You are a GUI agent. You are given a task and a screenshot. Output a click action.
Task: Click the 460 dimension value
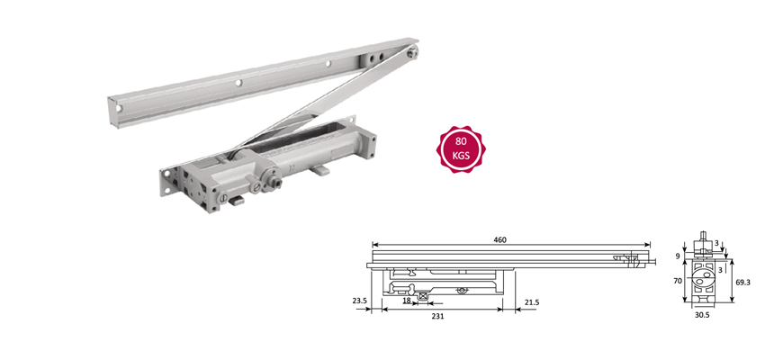click(x=500, y=239)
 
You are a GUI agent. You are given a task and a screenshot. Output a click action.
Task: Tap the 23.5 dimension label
click(x=360, y=301)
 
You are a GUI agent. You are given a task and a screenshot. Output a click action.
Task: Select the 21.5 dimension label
click(x=531, y=301)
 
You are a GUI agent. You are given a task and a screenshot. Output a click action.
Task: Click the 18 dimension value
click(x=405, y=301)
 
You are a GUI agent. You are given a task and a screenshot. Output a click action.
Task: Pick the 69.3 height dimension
click(x=742, y=282)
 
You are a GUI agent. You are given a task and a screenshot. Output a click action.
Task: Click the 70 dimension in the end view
click(x=676, y=281)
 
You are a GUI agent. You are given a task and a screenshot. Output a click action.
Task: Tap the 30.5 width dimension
click(x=701, y=316)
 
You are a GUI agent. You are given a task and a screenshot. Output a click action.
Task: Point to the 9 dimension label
click(x=677, y=256)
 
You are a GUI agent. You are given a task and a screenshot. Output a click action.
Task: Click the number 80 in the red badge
click(x=461, y=141)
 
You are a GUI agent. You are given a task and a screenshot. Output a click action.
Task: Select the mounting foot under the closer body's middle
click(x=319, y=169)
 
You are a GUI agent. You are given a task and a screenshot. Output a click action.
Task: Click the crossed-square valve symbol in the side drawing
click(x=422, y=296)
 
